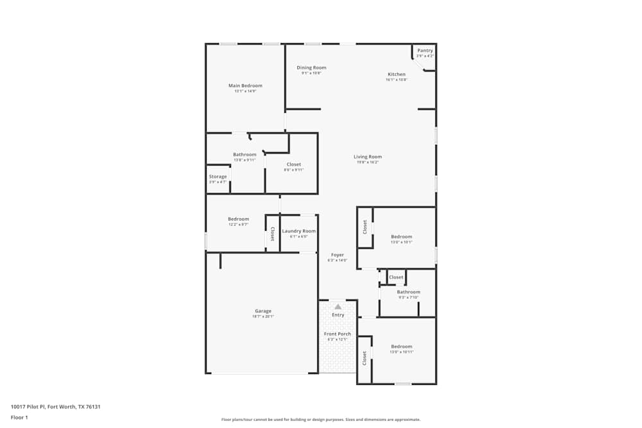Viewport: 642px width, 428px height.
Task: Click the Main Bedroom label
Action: pos(245,85)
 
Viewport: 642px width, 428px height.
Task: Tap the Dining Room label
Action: pos(311,67)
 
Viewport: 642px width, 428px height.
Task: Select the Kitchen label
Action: pos(396,74)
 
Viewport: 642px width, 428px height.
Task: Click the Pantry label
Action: pos(425,50)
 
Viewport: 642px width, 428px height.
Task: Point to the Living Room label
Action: pos(368,157)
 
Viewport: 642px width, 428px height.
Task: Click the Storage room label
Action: pos(218,176)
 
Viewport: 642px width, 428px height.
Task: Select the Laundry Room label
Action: pos(299,231)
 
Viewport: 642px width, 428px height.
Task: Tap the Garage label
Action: pos(263,311)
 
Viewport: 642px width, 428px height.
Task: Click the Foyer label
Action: pos(337,255)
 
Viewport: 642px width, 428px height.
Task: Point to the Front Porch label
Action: pos(337,334)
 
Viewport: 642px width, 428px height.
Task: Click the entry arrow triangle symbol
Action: pos(338,307)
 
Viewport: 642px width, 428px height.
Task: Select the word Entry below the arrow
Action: pos(338,315)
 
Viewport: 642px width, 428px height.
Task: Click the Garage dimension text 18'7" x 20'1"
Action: pos(263,316)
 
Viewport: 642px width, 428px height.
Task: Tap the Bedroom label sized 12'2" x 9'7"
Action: pos(238,219)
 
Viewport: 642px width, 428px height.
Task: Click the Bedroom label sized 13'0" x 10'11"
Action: pos(402,347)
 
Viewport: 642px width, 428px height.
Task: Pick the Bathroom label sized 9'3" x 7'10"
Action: pos(408,292)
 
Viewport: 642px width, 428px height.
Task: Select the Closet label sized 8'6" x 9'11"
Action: pos(293,164)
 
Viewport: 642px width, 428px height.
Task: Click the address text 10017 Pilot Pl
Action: pos(55,406)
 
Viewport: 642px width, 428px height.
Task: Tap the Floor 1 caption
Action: pos(19,417)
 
